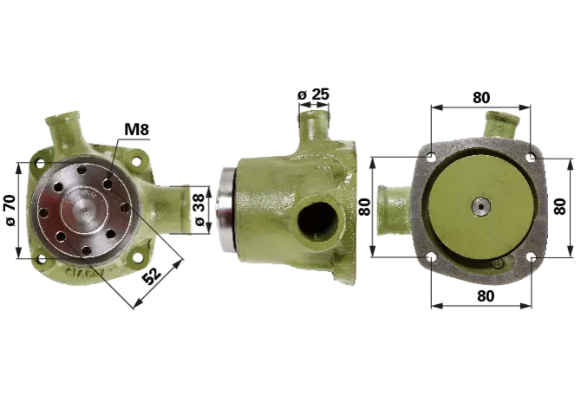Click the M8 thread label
136,130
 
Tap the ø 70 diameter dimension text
10,211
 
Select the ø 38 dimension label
199,210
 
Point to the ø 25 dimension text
313,94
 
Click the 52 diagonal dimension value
152,275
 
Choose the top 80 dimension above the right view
481,97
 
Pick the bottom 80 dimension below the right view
486,296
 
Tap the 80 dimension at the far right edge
560,206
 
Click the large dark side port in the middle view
317,221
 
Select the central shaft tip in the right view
481,206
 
